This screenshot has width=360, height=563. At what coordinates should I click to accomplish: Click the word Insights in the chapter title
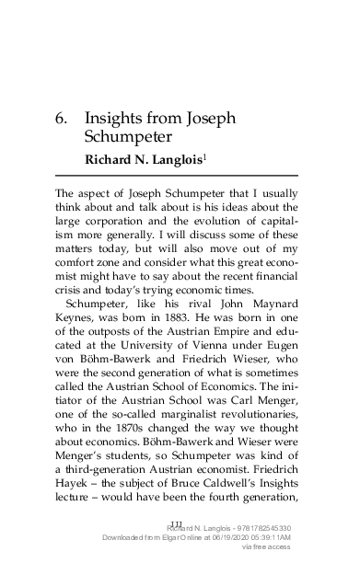click(x=115, y=120)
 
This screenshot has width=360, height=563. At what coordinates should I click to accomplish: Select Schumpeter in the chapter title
click(x=129, y=139)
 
